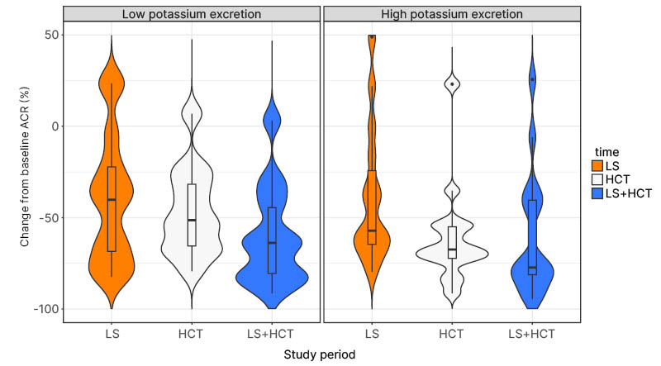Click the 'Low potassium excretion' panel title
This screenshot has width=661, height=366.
coord(191,14)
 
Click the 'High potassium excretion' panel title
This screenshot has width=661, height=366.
coord(452,14)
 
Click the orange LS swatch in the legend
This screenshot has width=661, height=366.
coord(602,167)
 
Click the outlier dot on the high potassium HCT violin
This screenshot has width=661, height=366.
coord(452,84)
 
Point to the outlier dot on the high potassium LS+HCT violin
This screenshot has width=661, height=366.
coord(532,79)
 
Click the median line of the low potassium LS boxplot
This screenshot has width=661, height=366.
coord(112,200)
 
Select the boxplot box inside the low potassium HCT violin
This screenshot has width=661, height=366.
coord(192,214)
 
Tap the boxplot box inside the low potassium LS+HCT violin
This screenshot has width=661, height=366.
coord(272,240)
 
